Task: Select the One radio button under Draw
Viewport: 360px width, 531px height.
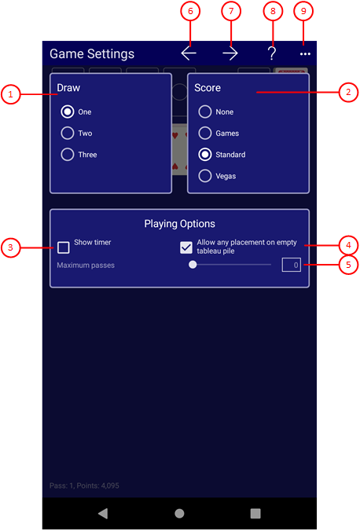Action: [x=68, y=112]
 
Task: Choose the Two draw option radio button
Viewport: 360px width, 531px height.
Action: [x=68, y=133]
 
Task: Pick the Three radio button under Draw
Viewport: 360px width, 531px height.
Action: [x=68, y=155]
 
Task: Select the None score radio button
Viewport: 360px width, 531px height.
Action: [x=205, y=112]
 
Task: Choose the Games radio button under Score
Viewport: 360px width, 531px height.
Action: [x=205, y=133]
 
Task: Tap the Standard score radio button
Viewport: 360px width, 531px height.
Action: [x=205, y=155]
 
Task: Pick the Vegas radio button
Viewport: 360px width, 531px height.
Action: [x=205, y=176]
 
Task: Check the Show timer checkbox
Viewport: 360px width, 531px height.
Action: [x=64, y=247]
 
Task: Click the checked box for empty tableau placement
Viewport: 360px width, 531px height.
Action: [x=186, y=247]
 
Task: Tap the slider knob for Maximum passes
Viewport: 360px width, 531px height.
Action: [x=193, y=265]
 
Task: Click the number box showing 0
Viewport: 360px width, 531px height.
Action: [x=291, y=265]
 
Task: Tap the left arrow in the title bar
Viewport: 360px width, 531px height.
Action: [x=189, y=53]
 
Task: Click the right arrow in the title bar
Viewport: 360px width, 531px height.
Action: [x=230, y=53]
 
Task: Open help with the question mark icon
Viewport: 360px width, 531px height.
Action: [x=271, y=53]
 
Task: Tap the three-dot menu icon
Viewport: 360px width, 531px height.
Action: [x=305, y=54]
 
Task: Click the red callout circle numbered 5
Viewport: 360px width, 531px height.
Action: [x=348, y=265]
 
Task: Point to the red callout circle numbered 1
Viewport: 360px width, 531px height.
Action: [x=10, y=94]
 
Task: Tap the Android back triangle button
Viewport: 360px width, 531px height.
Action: [x=103, y=514]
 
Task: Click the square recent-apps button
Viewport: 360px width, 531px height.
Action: [x=255, y=514]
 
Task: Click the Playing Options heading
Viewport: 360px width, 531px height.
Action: [x=180, y=224]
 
